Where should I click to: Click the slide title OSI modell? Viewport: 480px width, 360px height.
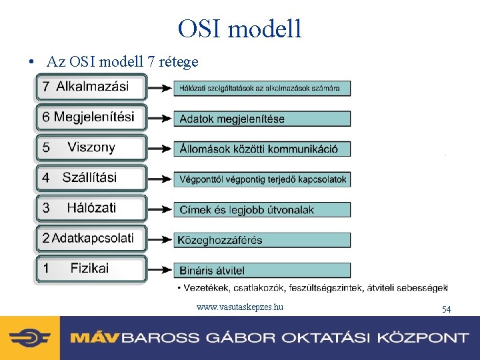[240, 29]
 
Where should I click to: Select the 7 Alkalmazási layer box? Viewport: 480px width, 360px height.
[91, 87]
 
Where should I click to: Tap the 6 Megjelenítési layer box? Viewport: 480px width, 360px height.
[91, 117]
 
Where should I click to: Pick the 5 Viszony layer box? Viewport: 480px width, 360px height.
[91, 147]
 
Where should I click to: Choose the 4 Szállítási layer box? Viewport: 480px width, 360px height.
[91, 178]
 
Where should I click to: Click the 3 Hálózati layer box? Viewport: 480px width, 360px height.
[91, 208]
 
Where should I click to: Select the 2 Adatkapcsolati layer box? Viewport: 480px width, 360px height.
[91, 238]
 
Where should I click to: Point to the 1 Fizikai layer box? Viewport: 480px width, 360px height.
[91, 269]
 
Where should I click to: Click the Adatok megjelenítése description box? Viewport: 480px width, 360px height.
[262, 119]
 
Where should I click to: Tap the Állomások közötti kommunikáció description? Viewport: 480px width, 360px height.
[262, 149]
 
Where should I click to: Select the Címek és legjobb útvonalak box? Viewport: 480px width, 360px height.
[262, 209]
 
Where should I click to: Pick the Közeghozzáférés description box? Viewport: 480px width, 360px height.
[262, 240]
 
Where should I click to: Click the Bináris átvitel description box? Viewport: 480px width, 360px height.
[262, 270]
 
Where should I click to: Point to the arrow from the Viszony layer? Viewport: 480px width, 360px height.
[160, 149]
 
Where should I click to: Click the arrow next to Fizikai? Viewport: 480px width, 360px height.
[160, 270]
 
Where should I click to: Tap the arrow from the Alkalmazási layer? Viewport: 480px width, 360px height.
[160, 87]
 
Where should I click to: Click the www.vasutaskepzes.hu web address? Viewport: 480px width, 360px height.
[240, 307]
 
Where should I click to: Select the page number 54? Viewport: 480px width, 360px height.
[447, 309]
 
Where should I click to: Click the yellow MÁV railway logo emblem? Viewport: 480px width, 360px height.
[30, 338]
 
